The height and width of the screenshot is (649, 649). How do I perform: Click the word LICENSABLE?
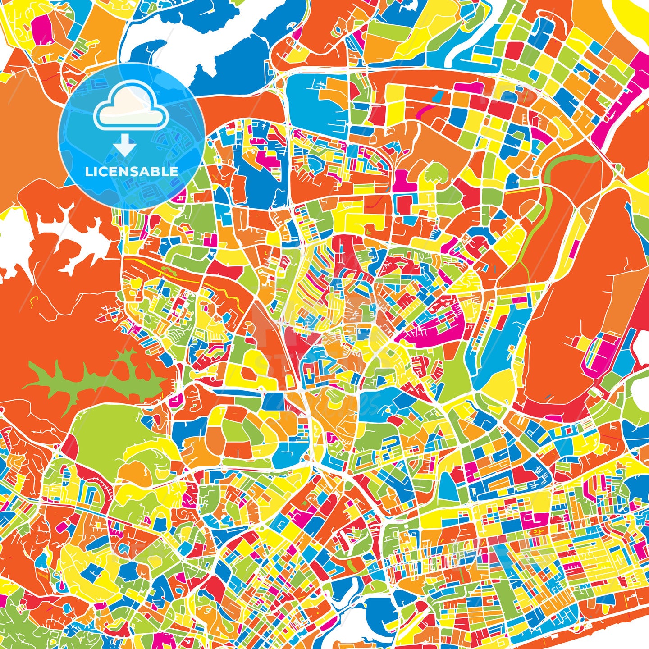click(132, 171)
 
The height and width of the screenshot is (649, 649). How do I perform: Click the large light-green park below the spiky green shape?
click(108, 428)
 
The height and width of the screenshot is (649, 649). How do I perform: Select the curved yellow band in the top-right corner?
click(631, 18)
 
